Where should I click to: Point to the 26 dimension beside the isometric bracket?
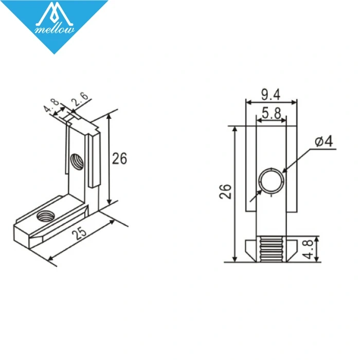119,158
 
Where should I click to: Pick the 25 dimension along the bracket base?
79,235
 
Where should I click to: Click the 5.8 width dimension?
272,114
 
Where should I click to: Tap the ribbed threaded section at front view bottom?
271,250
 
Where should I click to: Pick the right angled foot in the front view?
292,250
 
